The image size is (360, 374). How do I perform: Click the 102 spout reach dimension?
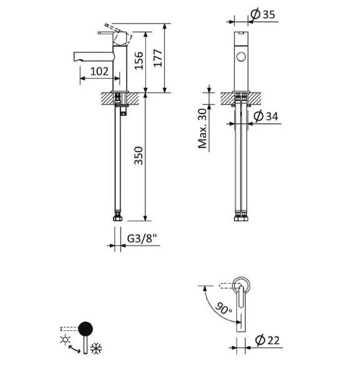99,71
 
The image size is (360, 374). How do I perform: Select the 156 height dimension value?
139,60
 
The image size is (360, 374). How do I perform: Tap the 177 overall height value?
158,58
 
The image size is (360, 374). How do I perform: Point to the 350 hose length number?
139,155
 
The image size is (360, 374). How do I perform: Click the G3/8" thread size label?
142,238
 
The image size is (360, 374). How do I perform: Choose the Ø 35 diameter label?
263,14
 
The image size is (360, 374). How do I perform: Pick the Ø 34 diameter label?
266,116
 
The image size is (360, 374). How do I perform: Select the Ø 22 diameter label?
267,340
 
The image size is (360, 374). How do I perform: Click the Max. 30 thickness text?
202,128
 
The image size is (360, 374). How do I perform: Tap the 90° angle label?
224,308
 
